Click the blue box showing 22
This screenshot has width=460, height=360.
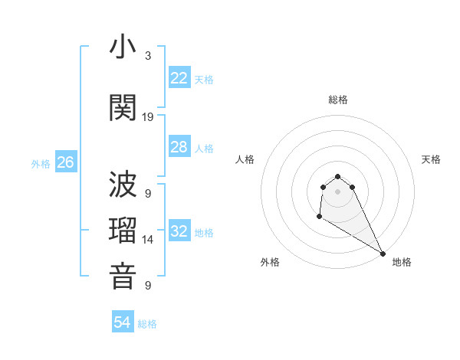pos(179,77)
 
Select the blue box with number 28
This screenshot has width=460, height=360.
pos(179,147)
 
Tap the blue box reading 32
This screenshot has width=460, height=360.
pos(179,231)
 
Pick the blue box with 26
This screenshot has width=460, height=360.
pos(66,162)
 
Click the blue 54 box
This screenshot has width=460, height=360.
pos(123,322)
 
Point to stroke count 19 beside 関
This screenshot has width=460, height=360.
pos(148,116)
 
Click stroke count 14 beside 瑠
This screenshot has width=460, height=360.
pos(148,240)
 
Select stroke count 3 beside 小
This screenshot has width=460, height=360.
pos(148,56)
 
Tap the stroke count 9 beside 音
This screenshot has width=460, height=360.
pos(148,286)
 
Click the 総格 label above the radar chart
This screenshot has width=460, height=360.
pos(338,100)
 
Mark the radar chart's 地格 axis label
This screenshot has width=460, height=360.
pos(402,262)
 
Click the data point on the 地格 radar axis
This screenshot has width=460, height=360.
pos(383,253)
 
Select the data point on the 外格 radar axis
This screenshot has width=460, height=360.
pos(319,217)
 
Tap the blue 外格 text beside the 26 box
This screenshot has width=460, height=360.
pos(40,163)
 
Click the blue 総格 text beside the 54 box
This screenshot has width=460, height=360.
pos(147,324)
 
